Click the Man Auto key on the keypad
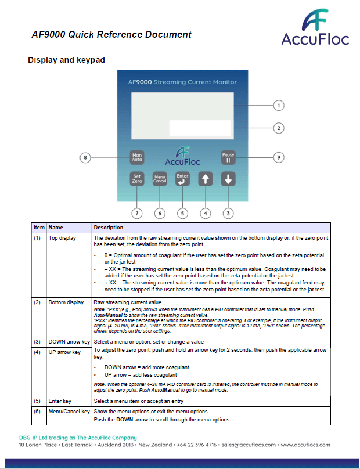coord(137,157)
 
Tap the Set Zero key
coord(137,178)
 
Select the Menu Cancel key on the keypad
coord(160,179)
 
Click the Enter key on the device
coord(182,178)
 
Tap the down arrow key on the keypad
coord(228,179)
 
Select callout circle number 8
coord(85,157)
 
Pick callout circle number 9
coord(279,157)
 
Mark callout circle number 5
coord(182,213)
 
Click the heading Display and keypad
coord(66,60)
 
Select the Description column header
coord(109,228)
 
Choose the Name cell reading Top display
coord(62,238)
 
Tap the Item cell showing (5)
coord(39,400)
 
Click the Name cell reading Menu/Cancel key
coord(69,411)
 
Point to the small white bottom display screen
coord(200,128)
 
